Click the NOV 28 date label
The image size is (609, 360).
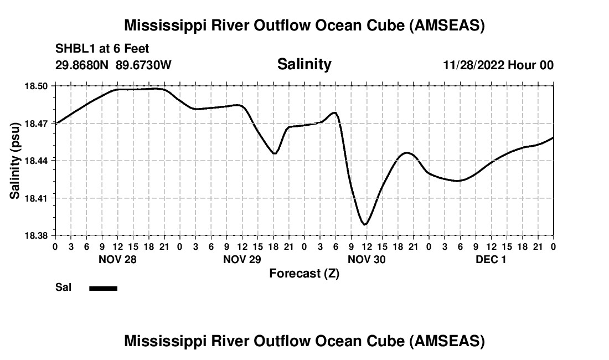[117, 259]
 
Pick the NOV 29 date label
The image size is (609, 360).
[242, 259]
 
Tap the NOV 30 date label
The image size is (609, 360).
[367, 259]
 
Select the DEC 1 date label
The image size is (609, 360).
[491, 259]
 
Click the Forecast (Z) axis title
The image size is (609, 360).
[304, 274]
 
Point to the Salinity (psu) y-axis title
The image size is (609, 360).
[16, 161]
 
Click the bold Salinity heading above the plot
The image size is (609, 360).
[304, 64]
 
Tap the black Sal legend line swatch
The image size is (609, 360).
[103, 288]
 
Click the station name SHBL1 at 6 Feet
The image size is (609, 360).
[102, 49]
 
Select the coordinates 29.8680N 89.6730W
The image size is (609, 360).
[113, 65]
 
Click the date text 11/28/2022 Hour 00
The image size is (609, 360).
[498, 65]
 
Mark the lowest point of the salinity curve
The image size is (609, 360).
[365, 224]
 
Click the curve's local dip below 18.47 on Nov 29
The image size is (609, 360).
[275, 153]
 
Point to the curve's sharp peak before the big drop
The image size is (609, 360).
[334, 112]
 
